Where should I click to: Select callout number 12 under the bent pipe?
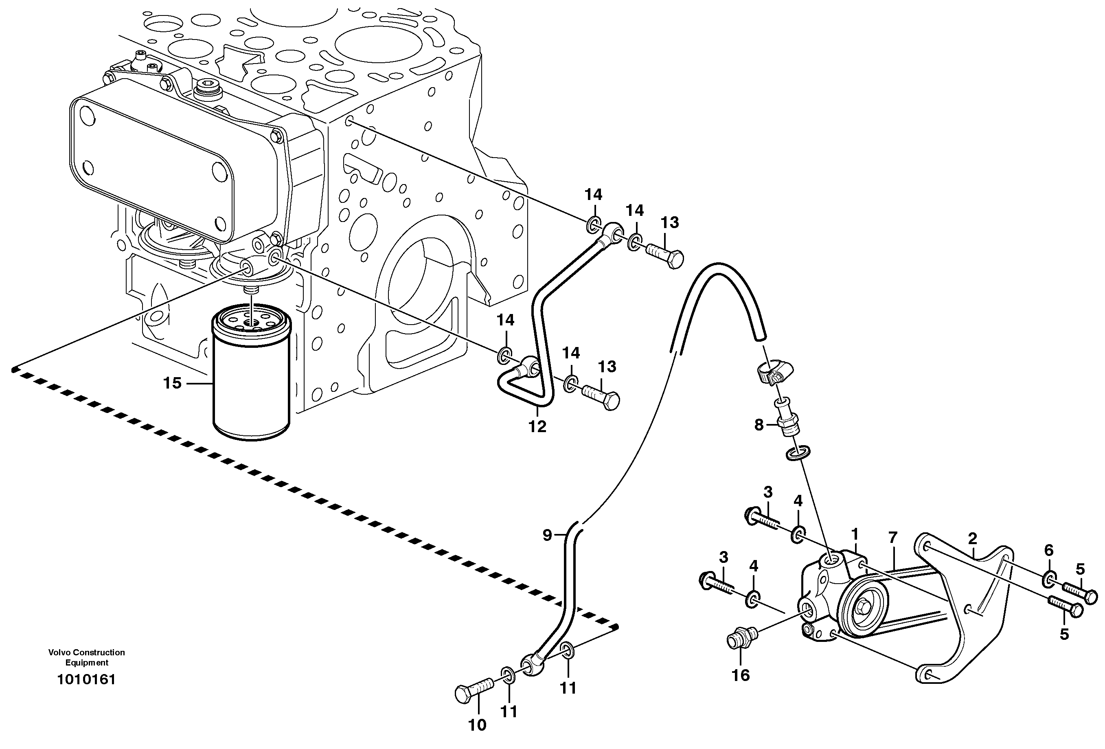pyautogui.click(x=537, y=426)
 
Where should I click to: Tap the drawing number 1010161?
pyautogui.click(x=87, y=680)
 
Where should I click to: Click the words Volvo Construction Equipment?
pyautogui.click(x=87, y=657)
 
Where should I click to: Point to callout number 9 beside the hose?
pyautogui.click(x=547, y=536)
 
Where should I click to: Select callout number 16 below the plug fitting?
pyautogui.click(x=741, y=675)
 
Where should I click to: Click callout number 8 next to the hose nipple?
pyautogui.click(x=759, y=425)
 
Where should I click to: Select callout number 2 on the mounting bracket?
pyautogui.click(x=972, y=539)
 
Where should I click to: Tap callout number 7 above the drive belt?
pyautogui.click(x=892, y=537)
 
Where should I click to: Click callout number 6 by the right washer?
pyautogui.click(x=1048, y=550)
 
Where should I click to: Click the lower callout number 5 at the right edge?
pyautogui.click(x=1064, y=634)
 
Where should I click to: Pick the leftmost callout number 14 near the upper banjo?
pyautogui.click(x=593, y=195)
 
